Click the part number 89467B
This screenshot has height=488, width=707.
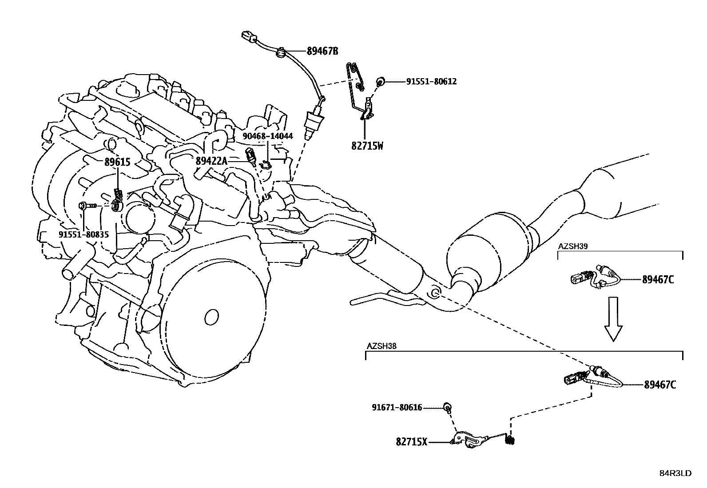coord(322,51)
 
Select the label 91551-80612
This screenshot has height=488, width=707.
coord(431,82)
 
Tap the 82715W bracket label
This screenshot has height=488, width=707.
coord(367,146)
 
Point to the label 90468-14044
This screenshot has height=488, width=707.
coord(267,136)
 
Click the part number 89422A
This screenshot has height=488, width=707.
coord(211,161)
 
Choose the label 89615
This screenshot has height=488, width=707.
coord(117,162)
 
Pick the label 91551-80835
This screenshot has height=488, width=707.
coord(83,234)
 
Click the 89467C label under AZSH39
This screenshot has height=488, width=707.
coord(658,280)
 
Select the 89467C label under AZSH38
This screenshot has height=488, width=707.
coord(660,385)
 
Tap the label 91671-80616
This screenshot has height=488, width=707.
coord(397,407)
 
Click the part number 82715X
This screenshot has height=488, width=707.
coord(412,442)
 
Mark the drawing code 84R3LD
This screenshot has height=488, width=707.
coord(675,473)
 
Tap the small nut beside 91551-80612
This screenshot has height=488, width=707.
coord(380,82)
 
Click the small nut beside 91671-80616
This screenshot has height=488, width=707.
coord(448,407)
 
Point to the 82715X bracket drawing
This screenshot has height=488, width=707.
coord(470,440)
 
